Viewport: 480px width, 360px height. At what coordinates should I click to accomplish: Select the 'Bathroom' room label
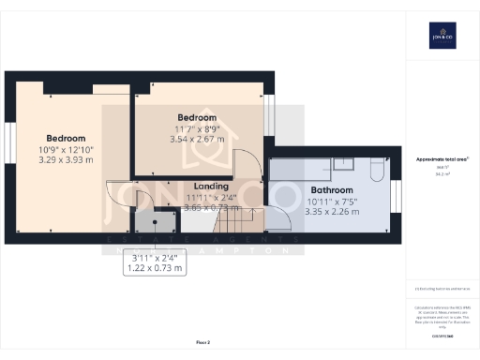332,190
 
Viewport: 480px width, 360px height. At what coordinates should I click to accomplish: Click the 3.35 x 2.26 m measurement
333,212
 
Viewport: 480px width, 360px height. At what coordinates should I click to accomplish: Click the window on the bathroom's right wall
397,196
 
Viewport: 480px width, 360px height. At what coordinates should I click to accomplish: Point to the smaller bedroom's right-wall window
270,112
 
